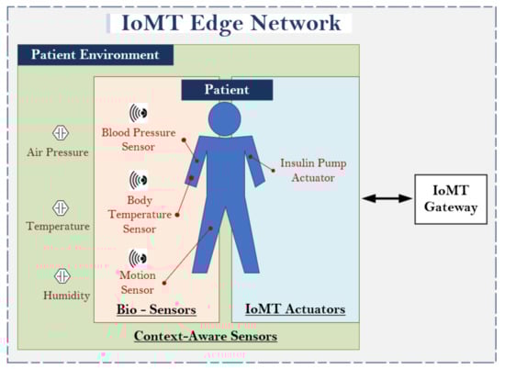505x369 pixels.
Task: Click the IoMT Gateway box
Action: (451, 199)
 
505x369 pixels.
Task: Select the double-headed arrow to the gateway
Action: (387, 198)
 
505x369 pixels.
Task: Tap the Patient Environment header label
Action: (95, 55)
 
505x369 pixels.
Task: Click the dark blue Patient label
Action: (227, 90)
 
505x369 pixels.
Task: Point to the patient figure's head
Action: (224, 118)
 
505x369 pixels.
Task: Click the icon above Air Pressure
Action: (61, 133)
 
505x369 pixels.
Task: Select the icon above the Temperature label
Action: (61, 207)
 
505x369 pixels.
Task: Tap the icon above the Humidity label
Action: (62, 276)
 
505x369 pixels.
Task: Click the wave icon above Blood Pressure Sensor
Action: (139, 113)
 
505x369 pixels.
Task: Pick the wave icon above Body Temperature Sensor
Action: (139, 180)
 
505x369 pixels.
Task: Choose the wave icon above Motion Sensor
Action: (138, 258)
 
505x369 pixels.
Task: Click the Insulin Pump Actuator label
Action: (313, 171)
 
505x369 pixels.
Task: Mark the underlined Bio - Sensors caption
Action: (156, 309)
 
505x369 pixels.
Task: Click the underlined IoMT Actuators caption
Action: (296, 309)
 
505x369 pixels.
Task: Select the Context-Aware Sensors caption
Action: (206, 336)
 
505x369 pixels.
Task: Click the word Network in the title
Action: (296, 23)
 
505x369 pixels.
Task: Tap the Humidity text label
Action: (67, 296)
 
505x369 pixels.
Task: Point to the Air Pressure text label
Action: (58, 152)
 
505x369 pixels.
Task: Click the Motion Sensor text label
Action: (138, 283)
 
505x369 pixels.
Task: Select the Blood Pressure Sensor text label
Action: (139, 140)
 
